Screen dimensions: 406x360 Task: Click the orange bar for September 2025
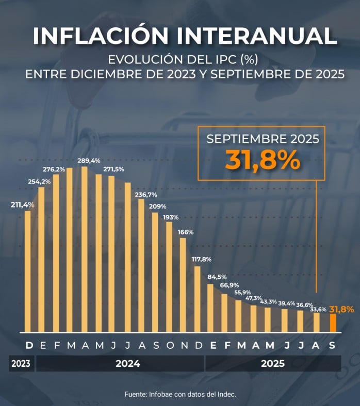333,323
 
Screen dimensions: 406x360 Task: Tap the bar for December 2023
28,271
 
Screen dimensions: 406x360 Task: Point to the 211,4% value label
22,205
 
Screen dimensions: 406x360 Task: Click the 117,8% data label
200,259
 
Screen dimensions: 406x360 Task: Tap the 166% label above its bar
186,232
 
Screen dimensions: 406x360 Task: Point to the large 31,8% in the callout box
263,159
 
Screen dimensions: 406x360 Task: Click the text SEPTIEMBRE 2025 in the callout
263,139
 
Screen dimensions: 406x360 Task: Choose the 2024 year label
128,364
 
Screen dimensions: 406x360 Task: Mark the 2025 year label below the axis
273,364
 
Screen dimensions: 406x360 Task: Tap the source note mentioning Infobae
180,394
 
